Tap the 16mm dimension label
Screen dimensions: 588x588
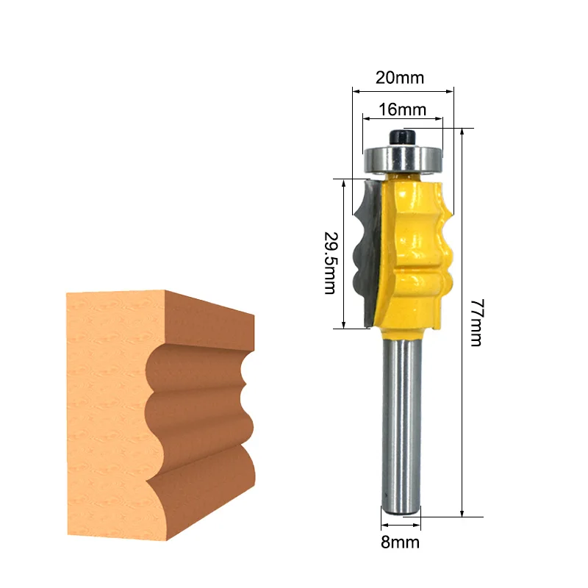[x=402, y=110]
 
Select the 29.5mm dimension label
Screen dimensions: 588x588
[x=329, y=263]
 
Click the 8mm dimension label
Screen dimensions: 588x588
[x=401, y=543]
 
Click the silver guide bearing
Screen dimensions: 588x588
[x=404, y=157]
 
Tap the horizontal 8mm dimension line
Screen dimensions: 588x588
[x=401, y=526]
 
